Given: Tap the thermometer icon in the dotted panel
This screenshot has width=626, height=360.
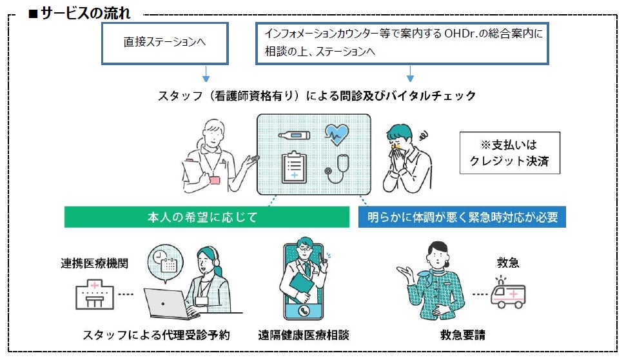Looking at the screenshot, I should click(294, 135).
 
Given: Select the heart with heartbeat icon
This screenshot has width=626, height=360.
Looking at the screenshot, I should click(337, 134).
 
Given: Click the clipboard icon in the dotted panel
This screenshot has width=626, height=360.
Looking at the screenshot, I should click(294, 168).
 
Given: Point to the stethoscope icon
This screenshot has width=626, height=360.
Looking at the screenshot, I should click(337, 168).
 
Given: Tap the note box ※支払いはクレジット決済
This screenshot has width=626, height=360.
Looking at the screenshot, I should click(509, 153).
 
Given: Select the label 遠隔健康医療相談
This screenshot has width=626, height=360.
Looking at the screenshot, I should click(303, 335).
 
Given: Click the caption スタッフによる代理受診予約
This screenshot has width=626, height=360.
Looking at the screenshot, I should click(156, 335).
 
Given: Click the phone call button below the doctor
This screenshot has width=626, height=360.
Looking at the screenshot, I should click(302, 310).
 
